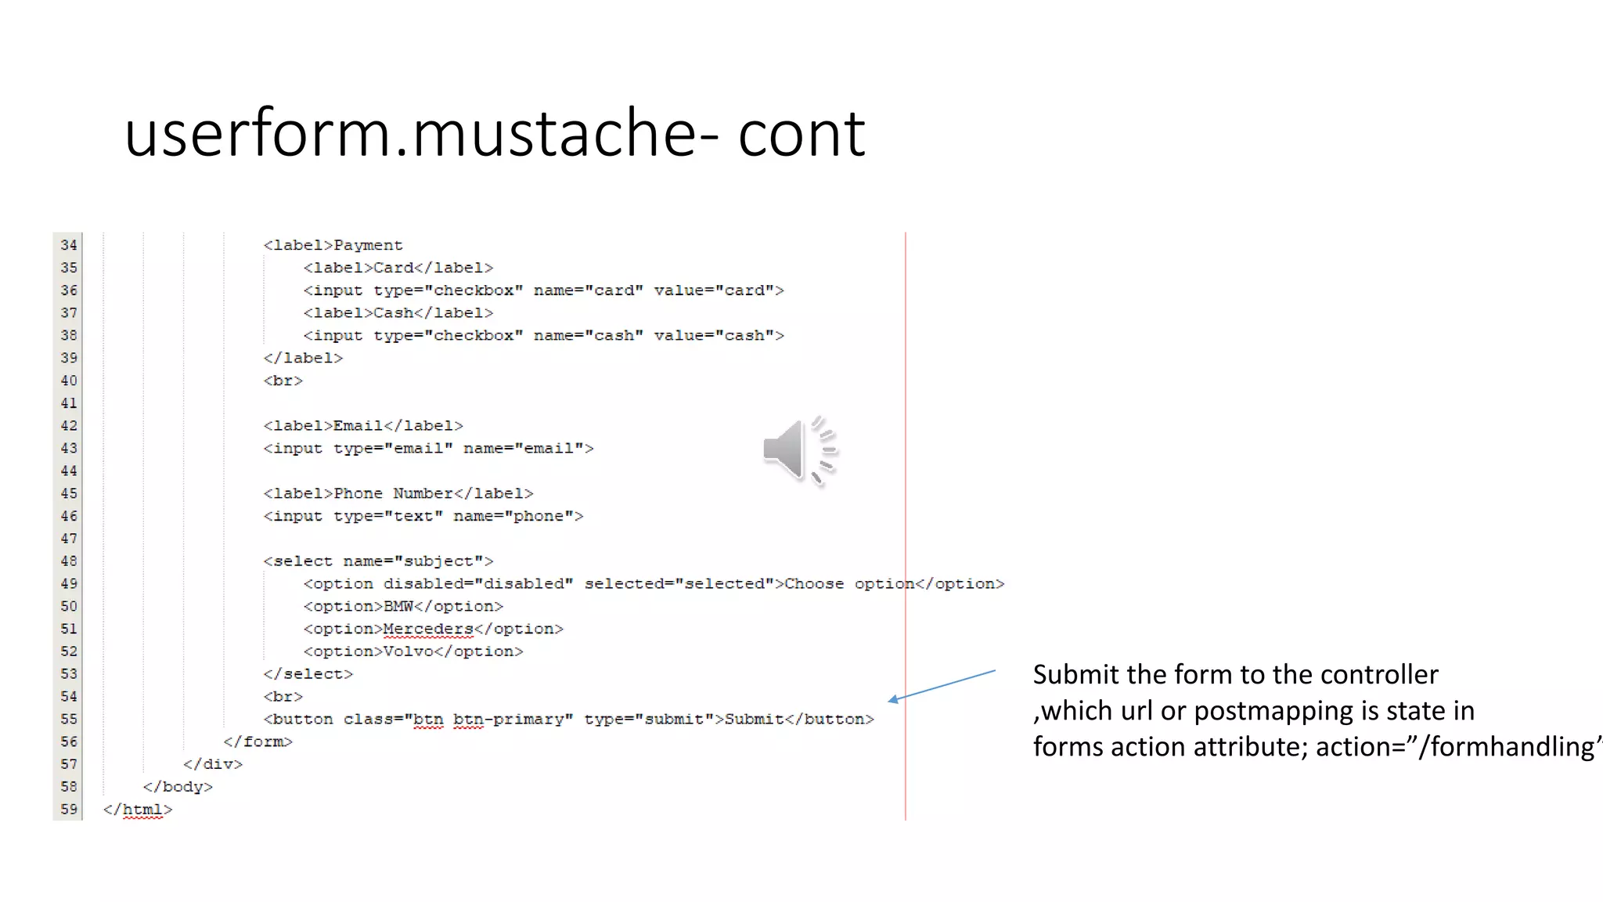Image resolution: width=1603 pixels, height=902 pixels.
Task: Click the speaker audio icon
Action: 798,450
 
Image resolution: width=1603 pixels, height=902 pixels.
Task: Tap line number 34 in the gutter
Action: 69,245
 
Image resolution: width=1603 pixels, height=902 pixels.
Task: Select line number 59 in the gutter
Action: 69,809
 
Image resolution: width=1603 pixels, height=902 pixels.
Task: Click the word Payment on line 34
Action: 368,245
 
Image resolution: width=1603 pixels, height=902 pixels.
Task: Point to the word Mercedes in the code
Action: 428,629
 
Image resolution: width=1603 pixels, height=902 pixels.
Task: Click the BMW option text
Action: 398,606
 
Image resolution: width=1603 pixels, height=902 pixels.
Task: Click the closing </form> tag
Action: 258,741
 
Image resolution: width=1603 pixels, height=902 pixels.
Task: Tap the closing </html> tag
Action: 137,810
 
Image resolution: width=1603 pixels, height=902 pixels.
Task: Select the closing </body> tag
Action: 178,787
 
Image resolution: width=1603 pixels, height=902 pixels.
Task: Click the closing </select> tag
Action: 308,674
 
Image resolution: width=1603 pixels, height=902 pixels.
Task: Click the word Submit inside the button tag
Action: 754,719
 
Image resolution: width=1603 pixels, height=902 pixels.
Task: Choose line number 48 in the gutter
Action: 69,561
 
